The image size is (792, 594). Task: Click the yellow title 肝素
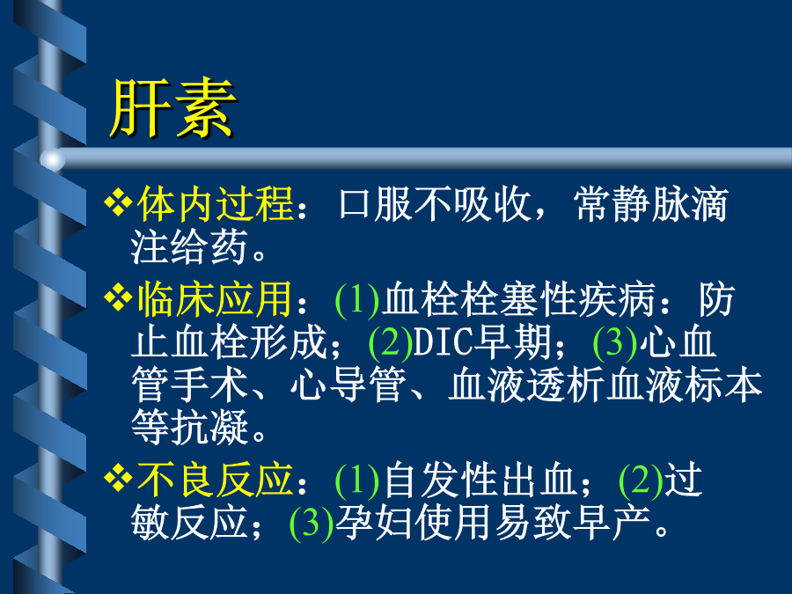(x=172, y=108)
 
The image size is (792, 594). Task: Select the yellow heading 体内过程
(x=216, y=204)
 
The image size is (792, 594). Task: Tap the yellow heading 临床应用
(x=216, y=299)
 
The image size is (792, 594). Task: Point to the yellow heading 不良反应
(x=216, y=479)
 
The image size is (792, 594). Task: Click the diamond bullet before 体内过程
(x=118, y=202)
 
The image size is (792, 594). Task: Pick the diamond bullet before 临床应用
(x=118, y=298)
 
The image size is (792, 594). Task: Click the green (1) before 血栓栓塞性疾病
(x=357, y=300)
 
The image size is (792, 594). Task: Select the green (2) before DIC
(x=391, y=343)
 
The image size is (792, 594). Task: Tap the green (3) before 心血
(x=615, y=343)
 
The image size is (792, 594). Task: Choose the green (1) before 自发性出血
(x=357, y=480)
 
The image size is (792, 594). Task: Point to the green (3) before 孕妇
(x=312, y=523)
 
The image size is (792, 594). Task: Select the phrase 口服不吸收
(x=435, y=204)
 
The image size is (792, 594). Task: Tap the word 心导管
(x=348, y=385)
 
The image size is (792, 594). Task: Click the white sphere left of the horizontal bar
(x=53, y=159)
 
